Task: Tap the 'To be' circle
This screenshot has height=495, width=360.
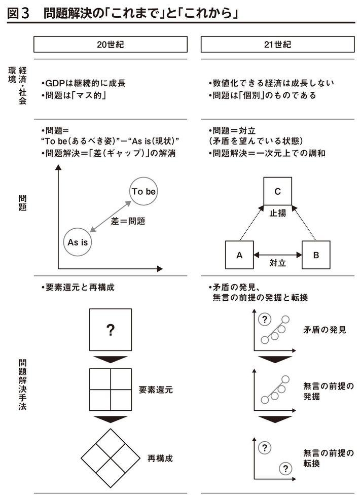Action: pyautogui.click(x=143, y=192)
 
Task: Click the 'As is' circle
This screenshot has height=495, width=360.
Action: pyautogui.click(x=78, y=242)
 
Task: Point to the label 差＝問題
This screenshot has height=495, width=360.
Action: pyautogui.click(x=128, y=221)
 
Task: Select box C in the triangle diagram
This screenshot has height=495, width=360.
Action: pyautogui.click(x=277, y=191)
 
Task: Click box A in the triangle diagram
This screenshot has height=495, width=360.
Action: pyautogui.click(x=239, y=255)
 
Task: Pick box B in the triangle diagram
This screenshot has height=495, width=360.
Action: pyautogui.click(x=316, y=255)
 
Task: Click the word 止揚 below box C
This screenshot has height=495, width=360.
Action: pyautogui.click(x=277, y=213)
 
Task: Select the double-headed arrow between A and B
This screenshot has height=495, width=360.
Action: pyautogui.click(x=277, y=255)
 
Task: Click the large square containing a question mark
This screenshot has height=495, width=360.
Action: pyautogui.click(x=110, y=331)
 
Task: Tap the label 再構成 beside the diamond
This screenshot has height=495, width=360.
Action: pyautogui.click(x=160, y=458)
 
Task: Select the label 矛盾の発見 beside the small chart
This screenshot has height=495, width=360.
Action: pyautogui.click(x=325, y=330)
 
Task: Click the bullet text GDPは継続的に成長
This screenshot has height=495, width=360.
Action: pyautogui.click(x=79, y=83)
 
